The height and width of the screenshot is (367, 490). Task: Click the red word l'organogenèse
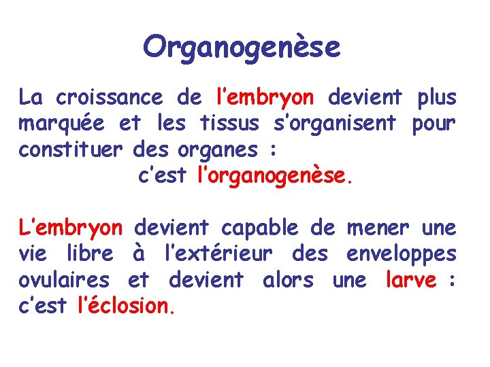click(x=275, y=177)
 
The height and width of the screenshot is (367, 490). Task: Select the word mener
click(x=378, y=228)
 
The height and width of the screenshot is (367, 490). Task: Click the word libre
click(x=90, y=254)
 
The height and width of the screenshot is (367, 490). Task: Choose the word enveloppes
click(x=401, y=255)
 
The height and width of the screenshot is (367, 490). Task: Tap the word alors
click(x=287, y=279)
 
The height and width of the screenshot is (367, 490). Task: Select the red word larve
click(x=410, y=279)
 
